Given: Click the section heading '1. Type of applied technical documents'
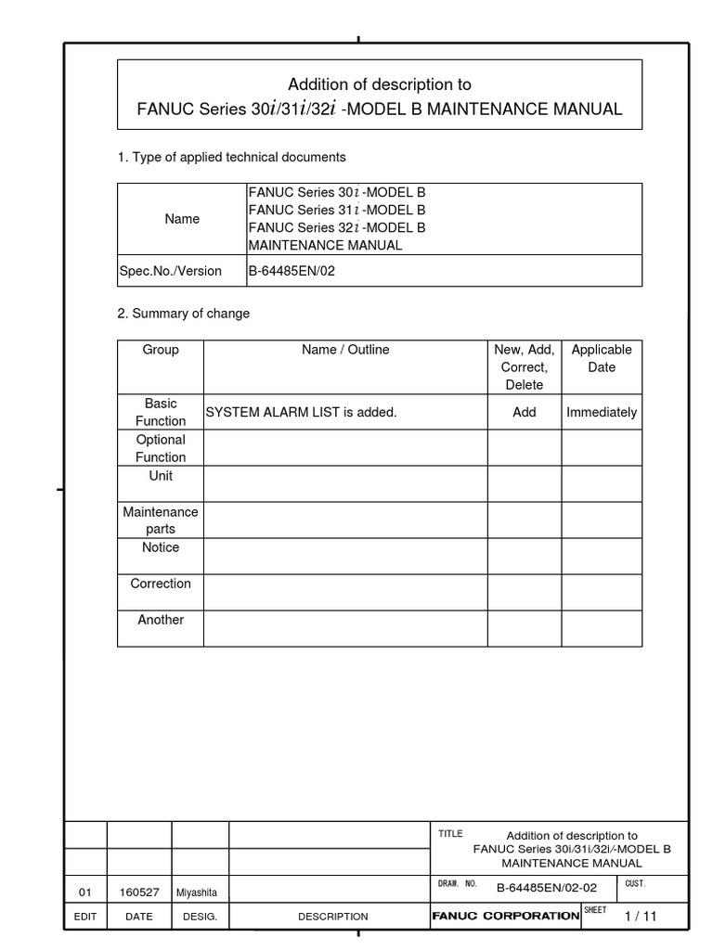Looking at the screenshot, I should [x=231, y=158].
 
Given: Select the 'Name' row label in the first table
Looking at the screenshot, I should [x=182, y=219].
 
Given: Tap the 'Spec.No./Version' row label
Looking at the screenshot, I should [x=171, y=271].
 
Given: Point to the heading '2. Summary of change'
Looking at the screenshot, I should [x=183, y=314].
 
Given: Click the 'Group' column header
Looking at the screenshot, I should [x=161, y=350].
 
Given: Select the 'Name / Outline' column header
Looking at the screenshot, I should [x=345, y=350].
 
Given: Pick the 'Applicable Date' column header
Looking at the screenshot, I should [x=602, y=358].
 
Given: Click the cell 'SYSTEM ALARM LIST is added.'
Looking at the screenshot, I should [x=301, y=412].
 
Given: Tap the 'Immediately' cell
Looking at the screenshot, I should [x=602, y=412].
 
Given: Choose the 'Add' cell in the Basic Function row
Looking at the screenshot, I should [x=525, y=412].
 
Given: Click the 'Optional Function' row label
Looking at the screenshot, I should [x=161, y=448].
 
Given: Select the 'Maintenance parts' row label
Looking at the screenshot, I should [x=161, y=520].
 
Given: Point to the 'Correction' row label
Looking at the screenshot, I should [x=161, y=584].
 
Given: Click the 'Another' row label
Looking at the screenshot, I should [x=161, y=620].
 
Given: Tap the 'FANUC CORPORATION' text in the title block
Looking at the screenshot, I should [x=506, y=916].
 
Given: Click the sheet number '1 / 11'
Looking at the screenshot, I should [x=641, y=916].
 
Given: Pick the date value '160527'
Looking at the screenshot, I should [x=139, y=892].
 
